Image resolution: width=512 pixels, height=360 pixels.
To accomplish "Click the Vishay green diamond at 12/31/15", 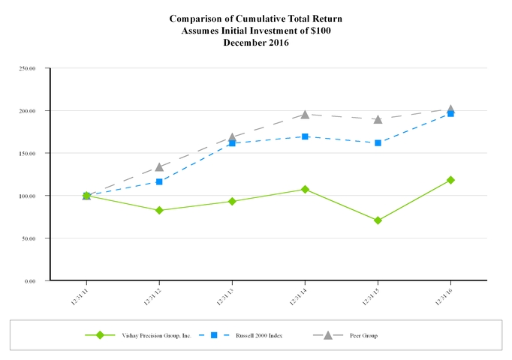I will tap(378, 220).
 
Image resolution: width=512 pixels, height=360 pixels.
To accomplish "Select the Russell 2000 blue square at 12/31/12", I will tap(159, 181).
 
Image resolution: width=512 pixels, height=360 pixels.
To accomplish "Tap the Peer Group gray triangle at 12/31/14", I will tap(305, 115).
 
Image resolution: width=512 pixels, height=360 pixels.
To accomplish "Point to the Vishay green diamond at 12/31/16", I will tap(450, 180).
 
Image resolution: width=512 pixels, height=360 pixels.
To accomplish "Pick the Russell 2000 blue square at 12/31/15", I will tap(378, 142).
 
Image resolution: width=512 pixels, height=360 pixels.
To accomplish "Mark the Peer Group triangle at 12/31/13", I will tap(232, 137).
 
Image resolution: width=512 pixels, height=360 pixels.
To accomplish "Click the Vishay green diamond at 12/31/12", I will tap(159, 210).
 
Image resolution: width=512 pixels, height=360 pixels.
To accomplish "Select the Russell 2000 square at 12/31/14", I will tap(305, 136).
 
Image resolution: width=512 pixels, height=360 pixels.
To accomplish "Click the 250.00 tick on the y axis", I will tap(29, 68).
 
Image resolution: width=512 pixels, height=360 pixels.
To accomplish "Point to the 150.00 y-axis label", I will tap(29, 153).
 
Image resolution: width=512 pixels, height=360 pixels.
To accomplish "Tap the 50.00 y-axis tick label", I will tap(30, 238).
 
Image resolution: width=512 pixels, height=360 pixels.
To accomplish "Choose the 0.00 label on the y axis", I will tap(32, 280).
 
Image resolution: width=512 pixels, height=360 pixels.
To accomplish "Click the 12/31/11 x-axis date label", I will tap(80, 295).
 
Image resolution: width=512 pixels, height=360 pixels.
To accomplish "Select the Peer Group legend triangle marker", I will tap(328, 334).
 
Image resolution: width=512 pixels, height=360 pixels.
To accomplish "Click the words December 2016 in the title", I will tap(256, 43).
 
